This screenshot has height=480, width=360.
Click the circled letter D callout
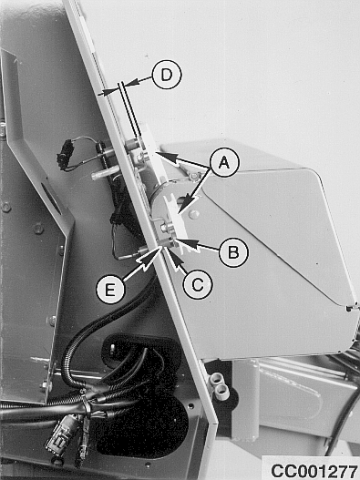coord(167,75)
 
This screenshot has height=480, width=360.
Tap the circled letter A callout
coord(224,162)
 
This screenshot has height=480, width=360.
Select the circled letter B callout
coord(233,252)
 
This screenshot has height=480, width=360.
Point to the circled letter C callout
coord(198,285)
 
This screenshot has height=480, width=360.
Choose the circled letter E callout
coord(110,290)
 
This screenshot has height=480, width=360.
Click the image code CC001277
coord(314,471)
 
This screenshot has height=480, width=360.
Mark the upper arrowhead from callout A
coord(168,156)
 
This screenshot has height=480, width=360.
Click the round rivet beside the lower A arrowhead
coord(193,213)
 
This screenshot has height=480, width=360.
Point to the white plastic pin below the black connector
coord(102,175)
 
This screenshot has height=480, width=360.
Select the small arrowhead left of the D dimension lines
coord(108,91)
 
